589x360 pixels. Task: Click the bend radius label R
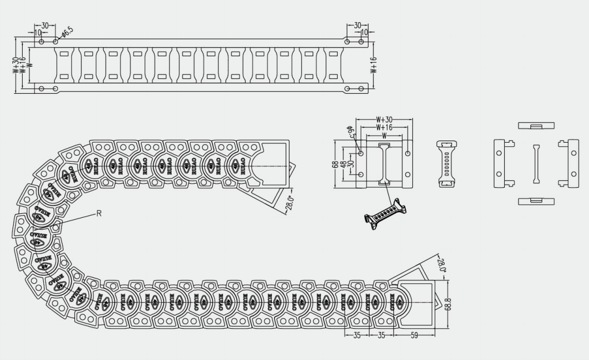point(98,213)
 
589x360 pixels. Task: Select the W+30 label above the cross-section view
point(384,120)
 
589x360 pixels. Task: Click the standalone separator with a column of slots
point(448,163)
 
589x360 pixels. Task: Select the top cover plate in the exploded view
point(536,125)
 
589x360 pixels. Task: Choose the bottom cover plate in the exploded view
point(536,201)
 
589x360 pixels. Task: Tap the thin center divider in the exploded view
point(536,164)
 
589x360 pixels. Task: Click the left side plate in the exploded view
point(501,163)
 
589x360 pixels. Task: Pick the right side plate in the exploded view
point(570,163)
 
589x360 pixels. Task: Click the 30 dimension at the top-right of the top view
point(357,26)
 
